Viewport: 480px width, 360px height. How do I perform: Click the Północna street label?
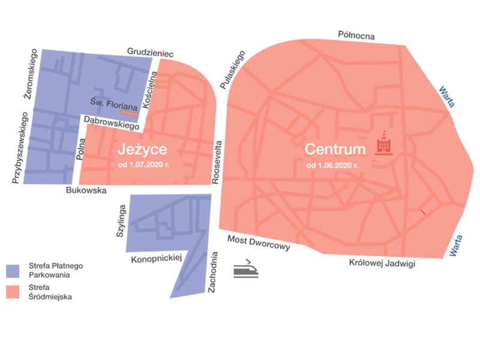click(x=356, y=36)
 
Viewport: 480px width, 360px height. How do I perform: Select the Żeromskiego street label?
click(x=29, y=74)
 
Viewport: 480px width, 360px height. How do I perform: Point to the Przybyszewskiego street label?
click(x=17, y=148)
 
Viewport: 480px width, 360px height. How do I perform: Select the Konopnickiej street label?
click(x=156, y=259)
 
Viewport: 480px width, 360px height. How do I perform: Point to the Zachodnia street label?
click(x=212, y=271)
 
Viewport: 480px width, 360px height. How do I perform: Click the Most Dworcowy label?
click(x=259, y=243)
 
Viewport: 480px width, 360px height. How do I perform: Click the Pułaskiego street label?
click(x=234, y=71)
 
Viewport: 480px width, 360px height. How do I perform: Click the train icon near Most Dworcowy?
click(x=247, y=268)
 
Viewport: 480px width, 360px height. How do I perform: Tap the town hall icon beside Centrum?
click(x=383, y=144)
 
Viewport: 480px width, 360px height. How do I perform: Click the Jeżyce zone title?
click(x=142, y=149)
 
